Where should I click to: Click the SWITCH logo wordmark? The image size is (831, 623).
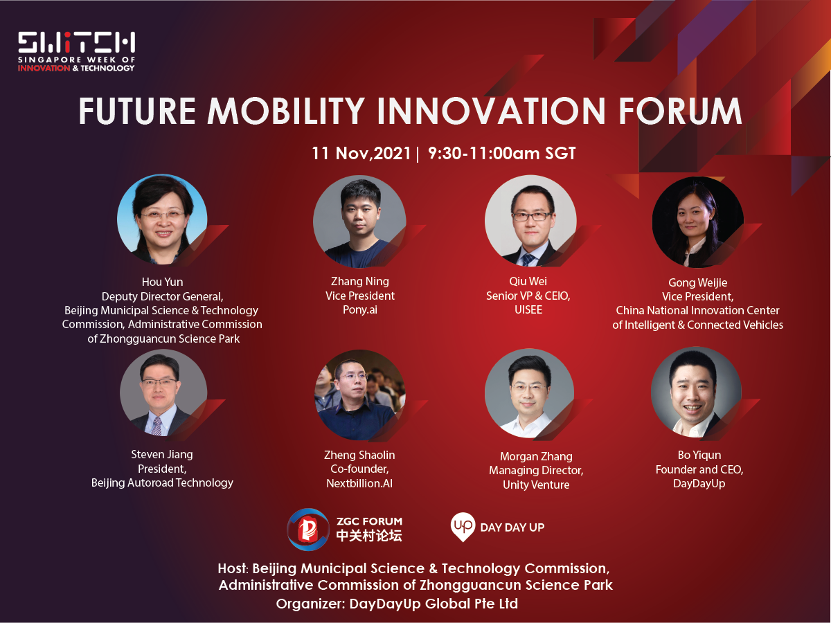76,42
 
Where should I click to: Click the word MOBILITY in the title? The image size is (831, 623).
286,111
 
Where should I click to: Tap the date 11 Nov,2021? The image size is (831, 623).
361,154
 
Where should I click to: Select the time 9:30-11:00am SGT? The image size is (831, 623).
501,154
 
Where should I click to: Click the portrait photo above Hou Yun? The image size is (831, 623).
162,219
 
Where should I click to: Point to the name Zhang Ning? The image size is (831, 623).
359,282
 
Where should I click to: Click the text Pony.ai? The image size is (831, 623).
359,310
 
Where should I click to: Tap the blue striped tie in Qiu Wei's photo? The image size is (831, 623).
528,260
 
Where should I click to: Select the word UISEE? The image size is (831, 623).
528,310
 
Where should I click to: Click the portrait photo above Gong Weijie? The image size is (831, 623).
697,222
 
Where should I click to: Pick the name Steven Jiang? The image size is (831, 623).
162,454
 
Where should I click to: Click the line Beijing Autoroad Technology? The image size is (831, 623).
162,483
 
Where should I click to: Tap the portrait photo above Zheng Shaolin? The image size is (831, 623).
359,395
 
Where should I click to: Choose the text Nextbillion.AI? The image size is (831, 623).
359,483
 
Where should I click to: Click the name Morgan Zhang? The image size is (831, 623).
536,457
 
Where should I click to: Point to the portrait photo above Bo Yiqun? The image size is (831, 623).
696,392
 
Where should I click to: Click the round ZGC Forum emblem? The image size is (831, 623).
307,530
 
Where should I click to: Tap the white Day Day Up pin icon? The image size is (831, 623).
463,527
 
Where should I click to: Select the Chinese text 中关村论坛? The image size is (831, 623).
369,536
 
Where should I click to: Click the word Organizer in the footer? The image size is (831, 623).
310,604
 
